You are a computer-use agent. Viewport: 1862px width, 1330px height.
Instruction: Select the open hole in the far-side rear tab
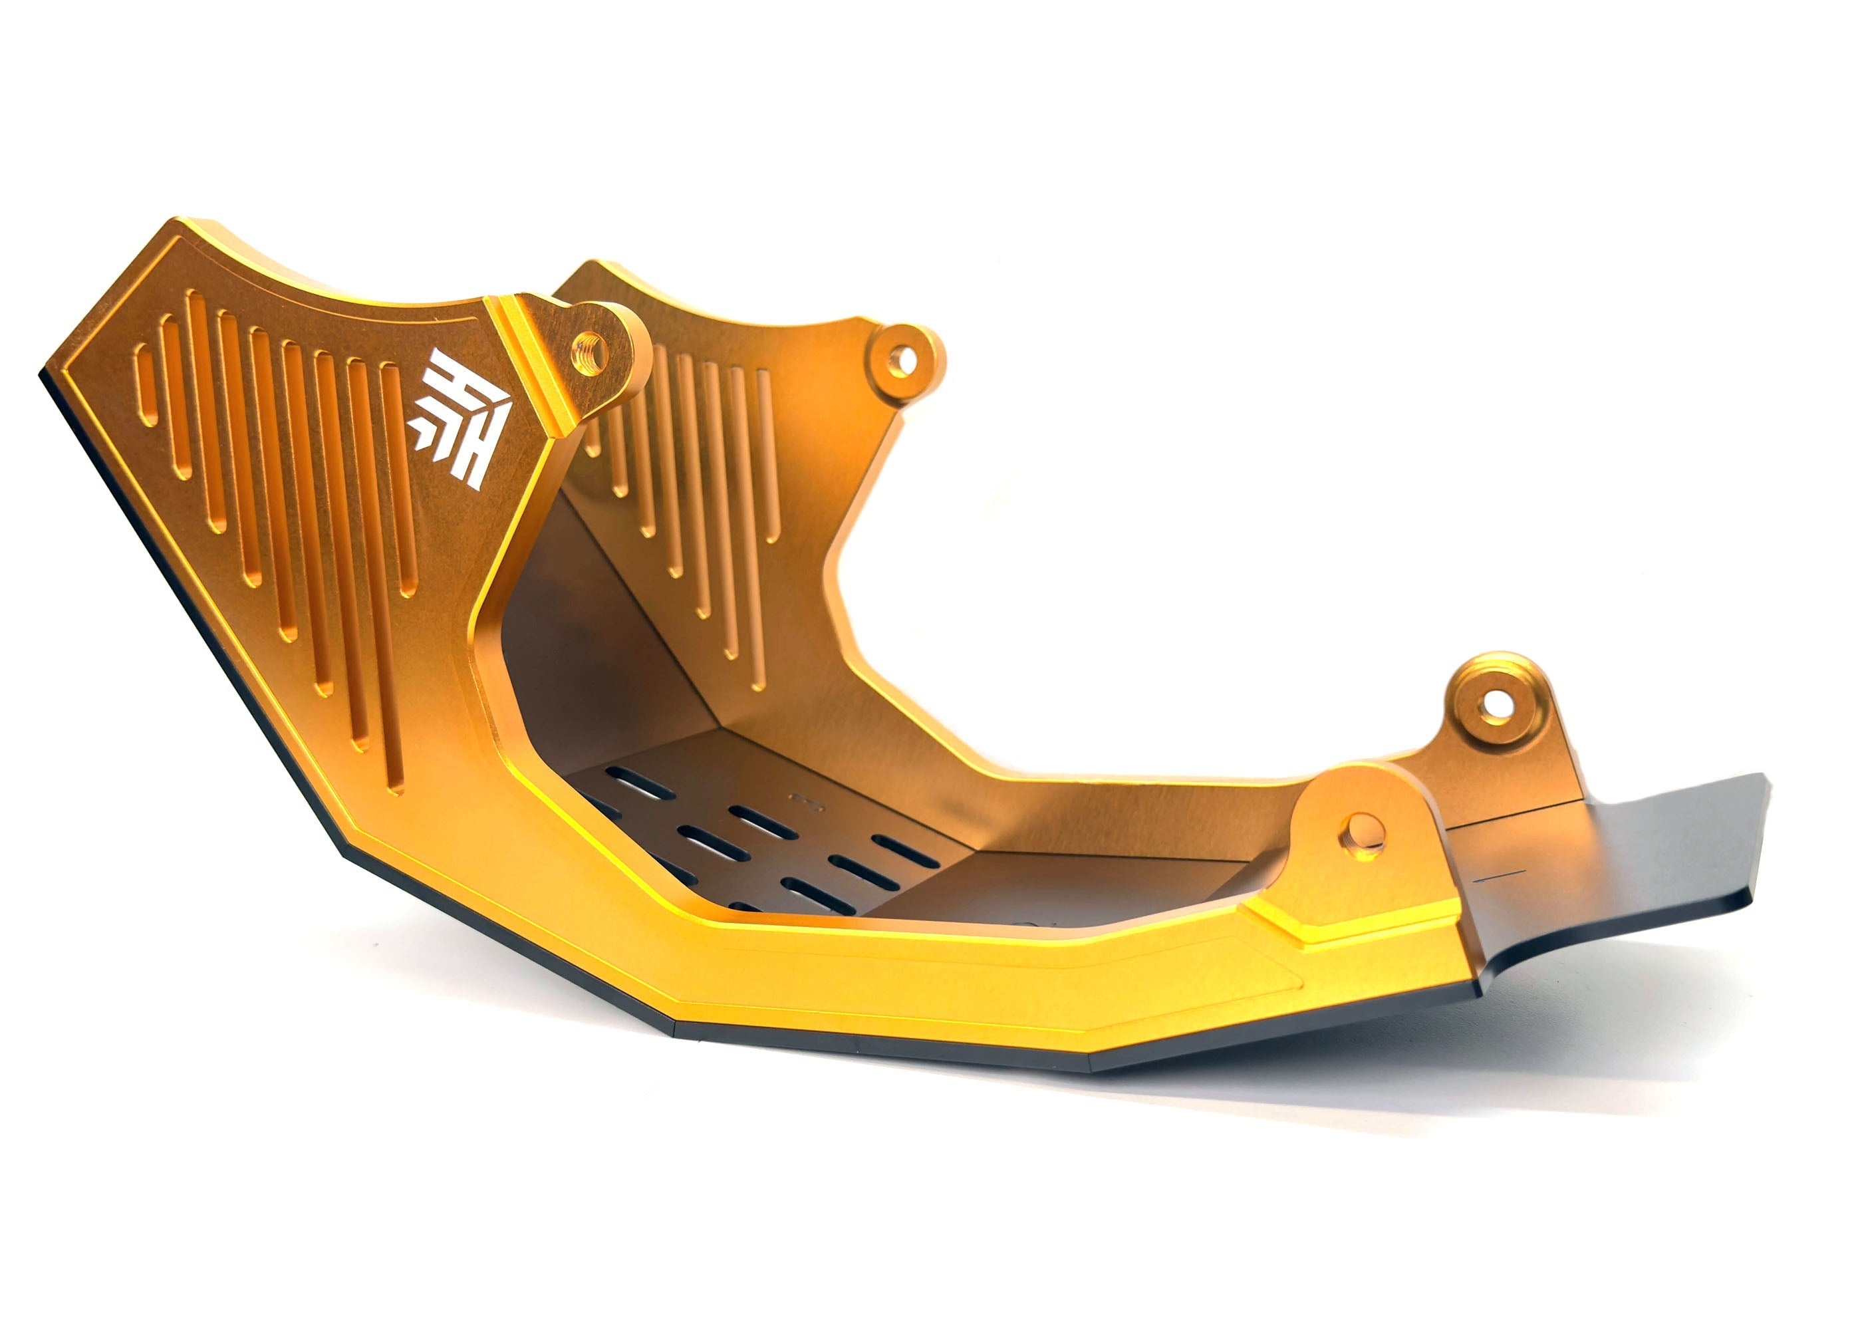click(1497, 702)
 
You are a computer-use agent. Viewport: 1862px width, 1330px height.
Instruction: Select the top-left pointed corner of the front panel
click(176, 223)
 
